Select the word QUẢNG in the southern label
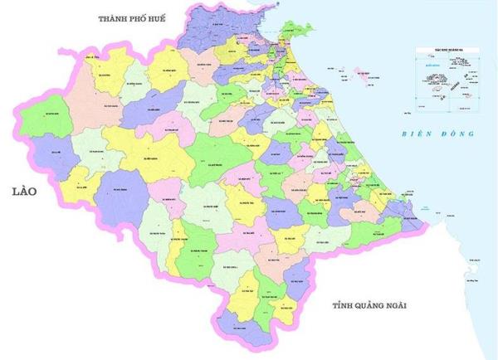pyautogui.click(x=369, y=305)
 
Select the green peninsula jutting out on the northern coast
pyautogui.click(x=290, y=31)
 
